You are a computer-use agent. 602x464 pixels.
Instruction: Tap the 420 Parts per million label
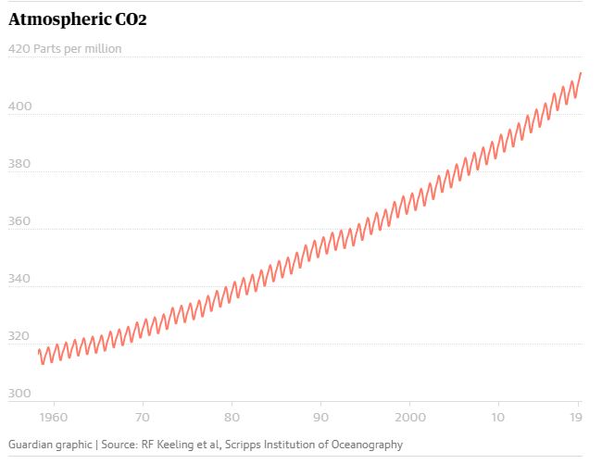click(65, 48)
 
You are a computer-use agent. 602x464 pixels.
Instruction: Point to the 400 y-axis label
click(19, 107)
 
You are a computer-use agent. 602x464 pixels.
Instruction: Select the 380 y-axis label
click(19, 164)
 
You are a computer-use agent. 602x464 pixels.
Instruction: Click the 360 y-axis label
click(19, 221)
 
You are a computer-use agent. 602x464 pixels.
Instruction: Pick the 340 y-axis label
click(19, 279)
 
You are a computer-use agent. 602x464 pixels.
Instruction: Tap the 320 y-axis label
click(19, 336)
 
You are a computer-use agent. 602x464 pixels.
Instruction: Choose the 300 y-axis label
click(19, 394)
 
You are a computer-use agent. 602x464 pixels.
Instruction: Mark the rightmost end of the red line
click(581, 72)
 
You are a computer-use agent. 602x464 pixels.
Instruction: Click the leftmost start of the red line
click(38, 350)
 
